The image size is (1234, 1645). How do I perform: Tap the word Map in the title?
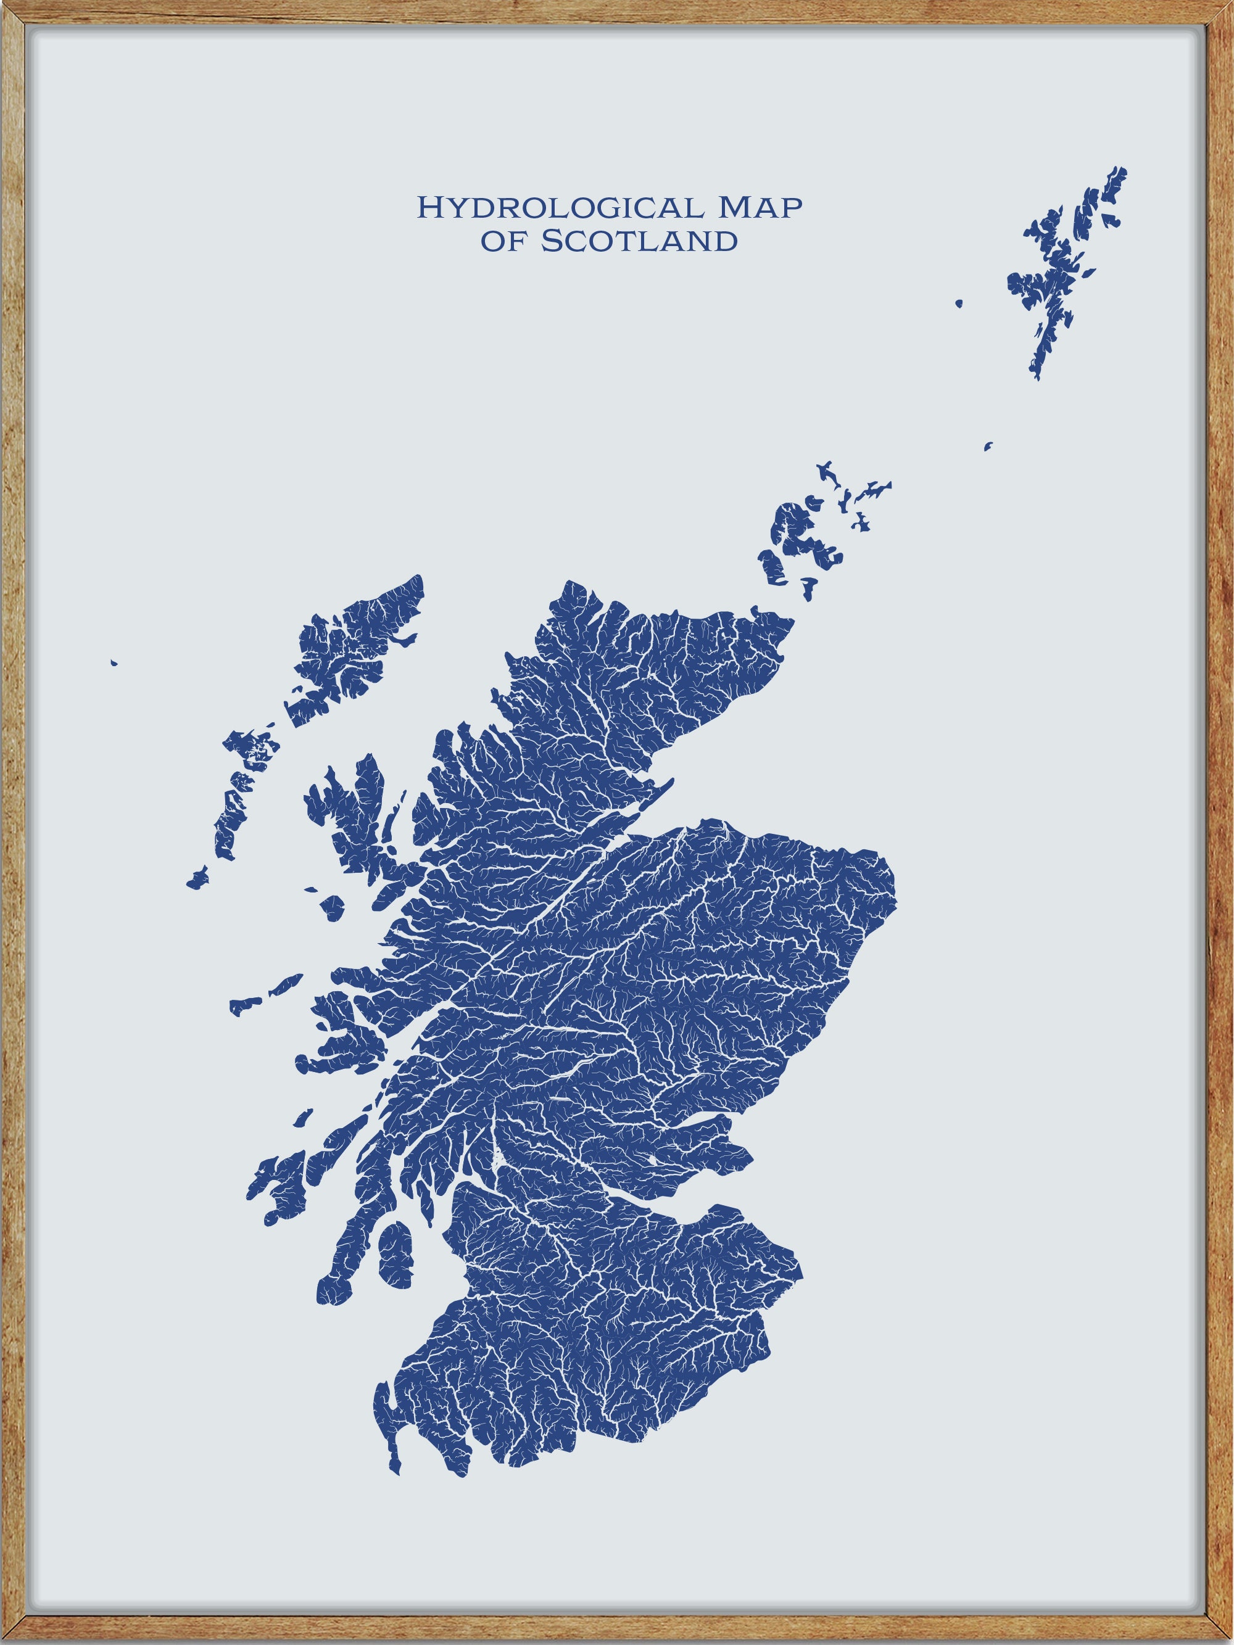click(x=759, y=208)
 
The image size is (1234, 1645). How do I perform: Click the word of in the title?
click(x=503, y=241)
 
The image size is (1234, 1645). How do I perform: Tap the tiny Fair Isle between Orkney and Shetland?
click(x=988, y=446)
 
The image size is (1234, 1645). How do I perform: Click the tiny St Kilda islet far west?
click(x=113, y=662)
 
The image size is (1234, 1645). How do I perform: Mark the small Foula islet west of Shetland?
click(x=959, y=303)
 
